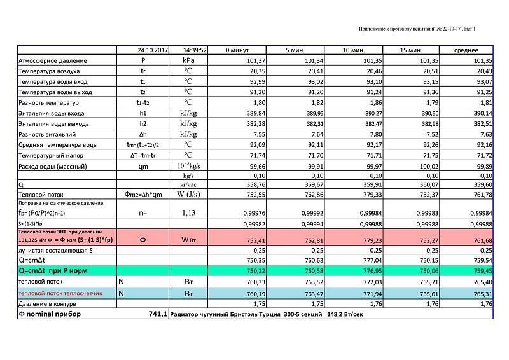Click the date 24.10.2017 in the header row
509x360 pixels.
pos(153,49)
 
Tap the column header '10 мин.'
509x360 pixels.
pos(354,49)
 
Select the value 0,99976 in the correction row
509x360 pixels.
pos(253,214)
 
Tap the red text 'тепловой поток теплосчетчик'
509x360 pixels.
pos(59,294)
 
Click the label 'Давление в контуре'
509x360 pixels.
pos(46,304)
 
